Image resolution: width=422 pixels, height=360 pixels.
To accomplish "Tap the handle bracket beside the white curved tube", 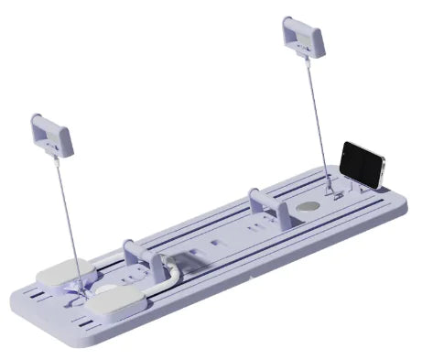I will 134,253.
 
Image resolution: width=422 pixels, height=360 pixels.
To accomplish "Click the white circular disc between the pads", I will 106,294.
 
